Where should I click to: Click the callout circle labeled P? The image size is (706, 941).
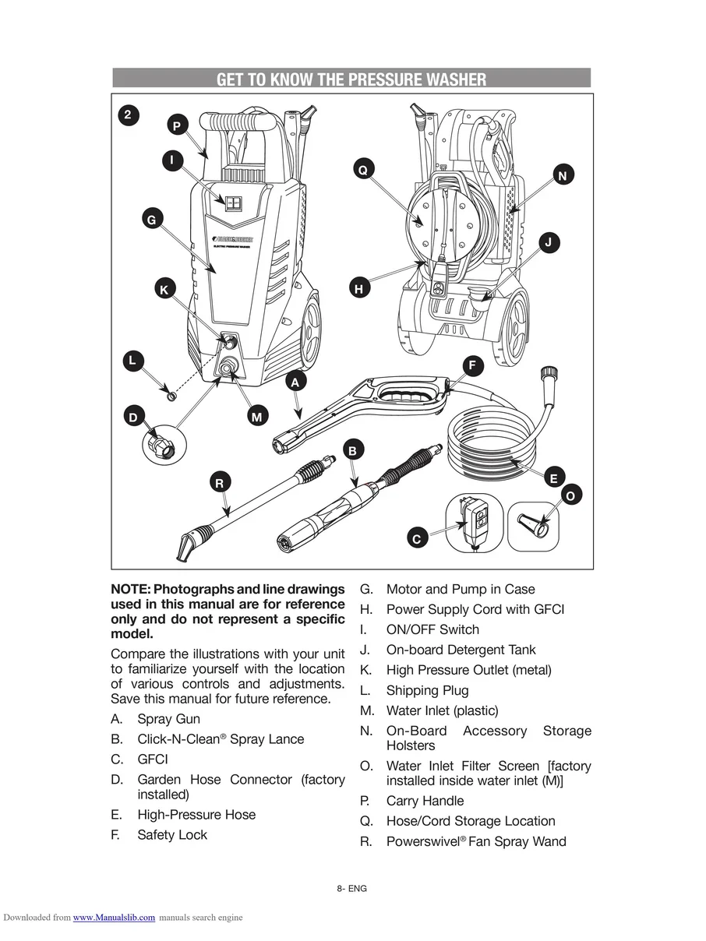coord(177,125)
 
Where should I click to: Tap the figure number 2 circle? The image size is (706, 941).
coord(129,115)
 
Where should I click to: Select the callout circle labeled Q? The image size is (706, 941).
coord(362,169)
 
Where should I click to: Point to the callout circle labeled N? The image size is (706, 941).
coord(563,175)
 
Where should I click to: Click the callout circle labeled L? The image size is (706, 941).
coord(133,361)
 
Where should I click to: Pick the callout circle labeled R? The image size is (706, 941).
coord(220,483)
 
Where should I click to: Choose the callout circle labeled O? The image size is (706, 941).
coord(570,495)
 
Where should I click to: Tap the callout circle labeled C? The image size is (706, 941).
coord(416,539)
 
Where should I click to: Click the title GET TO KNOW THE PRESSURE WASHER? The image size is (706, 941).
coord(351,79)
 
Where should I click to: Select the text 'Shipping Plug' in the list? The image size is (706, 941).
coord(427,690)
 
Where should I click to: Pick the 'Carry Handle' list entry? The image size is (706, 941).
coord(425,801)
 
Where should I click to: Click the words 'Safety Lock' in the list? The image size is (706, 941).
coord(172,835)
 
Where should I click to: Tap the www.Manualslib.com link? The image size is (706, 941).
coord(114,918)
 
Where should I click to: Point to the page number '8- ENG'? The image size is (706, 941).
coord(352,889)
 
